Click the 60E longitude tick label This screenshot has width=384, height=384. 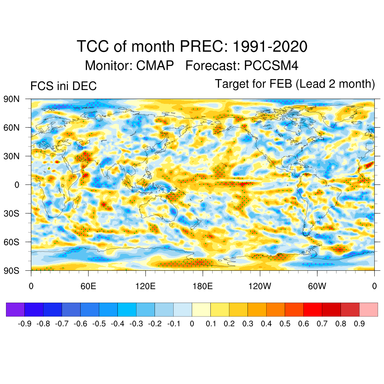click(x=88, y=286)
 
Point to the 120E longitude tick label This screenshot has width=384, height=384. click(x=145, y=286)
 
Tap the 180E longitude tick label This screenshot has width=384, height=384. click(x=202, y=286)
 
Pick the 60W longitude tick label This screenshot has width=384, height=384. click(x=317, y=286)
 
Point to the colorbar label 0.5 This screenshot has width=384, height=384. click(x=285, y=324)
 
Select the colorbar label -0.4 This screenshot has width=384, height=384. click(x=118, y=324)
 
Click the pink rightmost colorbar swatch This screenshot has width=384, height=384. click(x=368, y=309)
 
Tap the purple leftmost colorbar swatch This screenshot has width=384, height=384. click(x=15, y=309)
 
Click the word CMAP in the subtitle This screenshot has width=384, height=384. click(x=155, y=66)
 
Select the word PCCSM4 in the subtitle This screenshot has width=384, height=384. click(x=271, y=66)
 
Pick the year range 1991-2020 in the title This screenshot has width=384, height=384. click(x=270, y=47)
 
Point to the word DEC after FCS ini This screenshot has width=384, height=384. click(x=85, y=86)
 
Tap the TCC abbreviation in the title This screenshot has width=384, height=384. click(x=91, y=47)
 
